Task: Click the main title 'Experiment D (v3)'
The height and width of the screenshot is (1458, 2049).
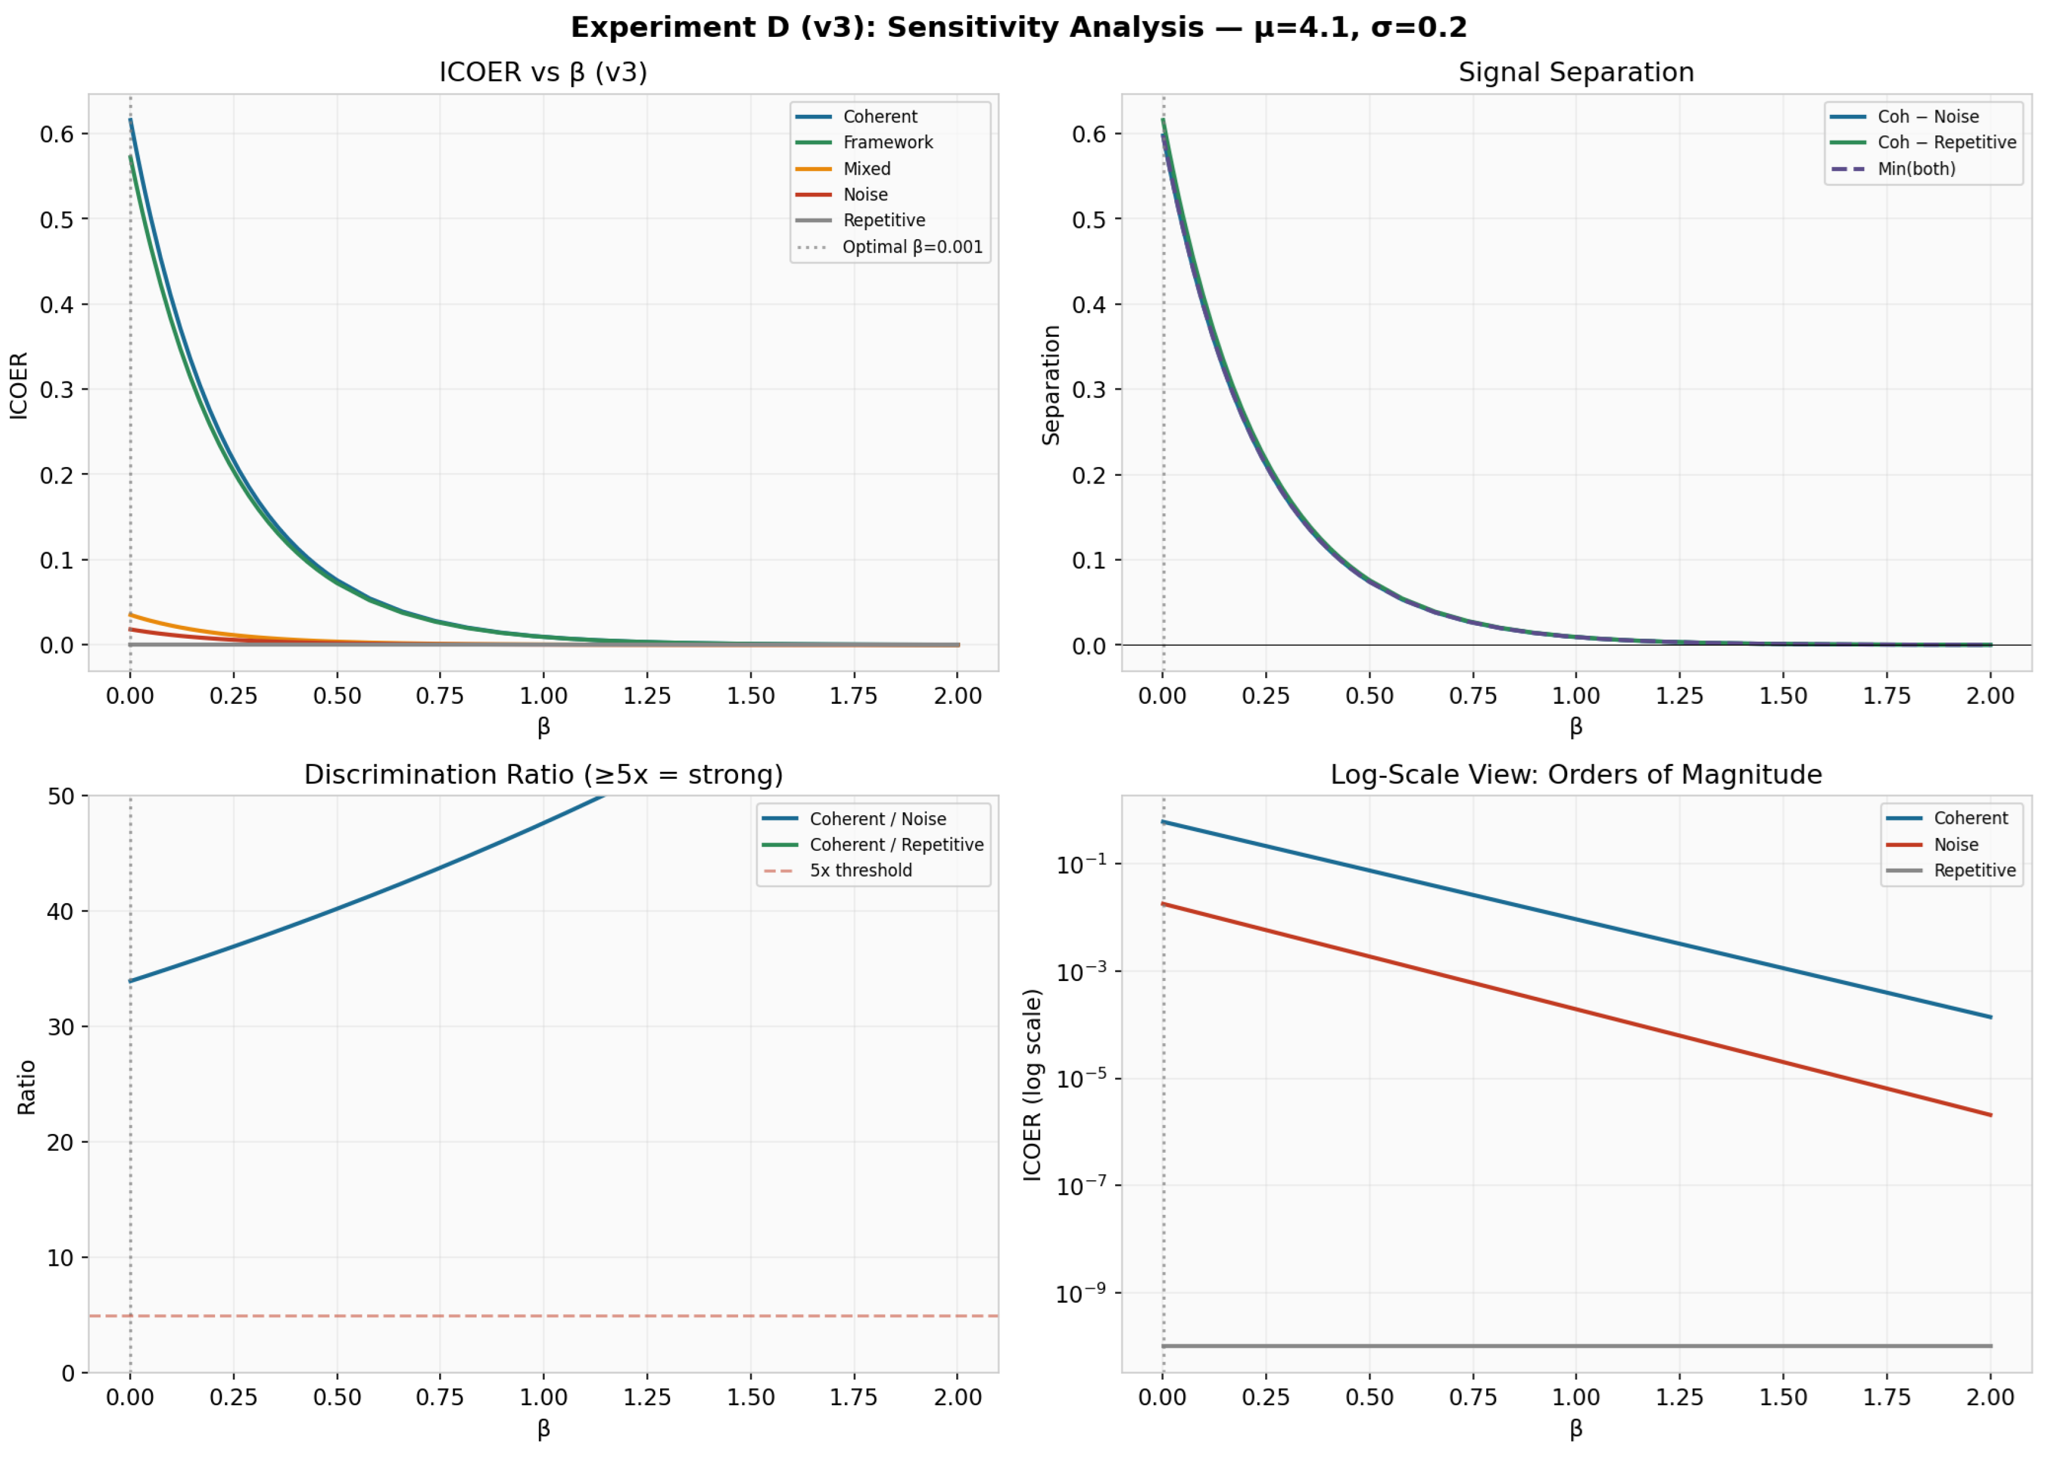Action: click(1018, 28)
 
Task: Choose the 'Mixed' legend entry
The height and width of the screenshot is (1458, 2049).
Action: click(867, 169)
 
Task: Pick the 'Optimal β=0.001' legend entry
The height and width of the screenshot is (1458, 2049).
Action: click(912, 247)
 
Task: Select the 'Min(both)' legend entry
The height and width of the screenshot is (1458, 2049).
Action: click(1915, 169)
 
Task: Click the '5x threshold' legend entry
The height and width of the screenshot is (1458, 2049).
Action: click(860, 871)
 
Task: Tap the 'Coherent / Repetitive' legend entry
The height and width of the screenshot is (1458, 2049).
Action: click(895, 845)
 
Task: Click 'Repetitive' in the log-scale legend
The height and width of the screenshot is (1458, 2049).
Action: click(1973, 871)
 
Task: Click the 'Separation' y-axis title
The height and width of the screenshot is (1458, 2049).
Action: click(1051, 384)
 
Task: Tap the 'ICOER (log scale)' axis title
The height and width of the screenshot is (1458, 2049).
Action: click(1032, 1085)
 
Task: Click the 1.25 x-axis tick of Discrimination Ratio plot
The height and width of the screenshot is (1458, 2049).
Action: click(647, 1398)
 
